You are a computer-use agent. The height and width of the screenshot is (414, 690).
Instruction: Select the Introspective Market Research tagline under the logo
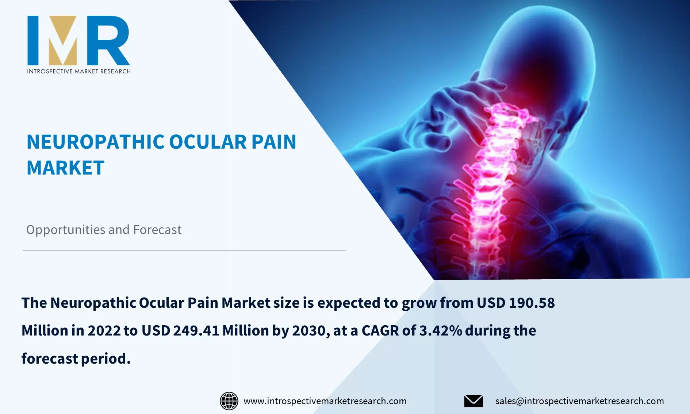[79, 72]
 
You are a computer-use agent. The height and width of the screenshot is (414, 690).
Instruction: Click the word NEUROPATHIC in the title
[96, 142]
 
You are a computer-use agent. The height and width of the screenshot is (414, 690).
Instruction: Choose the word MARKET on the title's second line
[66, 168]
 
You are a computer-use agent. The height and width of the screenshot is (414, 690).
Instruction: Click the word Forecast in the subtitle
[157, 230]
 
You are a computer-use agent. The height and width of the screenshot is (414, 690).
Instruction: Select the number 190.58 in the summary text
[532, 303]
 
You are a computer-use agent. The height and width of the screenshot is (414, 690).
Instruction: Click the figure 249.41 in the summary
[196, 331]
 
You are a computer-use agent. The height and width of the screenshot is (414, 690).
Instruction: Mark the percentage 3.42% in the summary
[441, 331]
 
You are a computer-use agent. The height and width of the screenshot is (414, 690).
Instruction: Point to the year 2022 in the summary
[104, 331]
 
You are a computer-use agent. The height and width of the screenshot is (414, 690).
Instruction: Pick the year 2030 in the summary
[309, 331]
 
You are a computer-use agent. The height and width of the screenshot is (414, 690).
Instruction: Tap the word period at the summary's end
[105, 359]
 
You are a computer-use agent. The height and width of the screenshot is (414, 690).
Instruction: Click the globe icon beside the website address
[229, 401]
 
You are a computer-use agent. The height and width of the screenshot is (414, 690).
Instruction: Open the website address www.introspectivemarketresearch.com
[325, 401]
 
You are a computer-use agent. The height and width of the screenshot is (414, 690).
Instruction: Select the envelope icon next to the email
[474, 401]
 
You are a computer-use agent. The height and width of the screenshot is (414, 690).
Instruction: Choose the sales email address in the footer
[579, 401]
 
